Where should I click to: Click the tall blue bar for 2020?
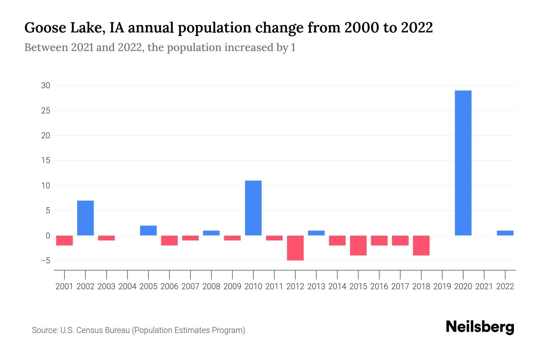(463, 163)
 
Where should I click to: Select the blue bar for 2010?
(253, 208)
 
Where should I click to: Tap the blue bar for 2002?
(85, 218)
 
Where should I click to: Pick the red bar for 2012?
(295, 248)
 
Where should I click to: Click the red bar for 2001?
(64, 241)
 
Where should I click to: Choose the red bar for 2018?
(421, 245)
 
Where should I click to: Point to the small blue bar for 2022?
(505, 233)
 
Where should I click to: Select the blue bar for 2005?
(148, 230)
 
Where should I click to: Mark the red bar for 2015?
(358, 245)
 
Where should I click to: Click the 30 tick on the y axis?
(46, 85)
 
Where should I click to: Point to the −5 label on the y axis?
(46, 260)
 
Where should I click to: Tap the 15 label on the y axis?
(46, 160)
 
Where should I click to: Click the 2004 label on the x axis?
(127, 286)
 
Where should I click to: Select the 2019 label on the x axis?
(442, 286)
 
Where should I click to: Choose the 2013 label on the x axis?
(316, 286)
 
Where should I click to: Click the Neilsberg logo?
(480, 327)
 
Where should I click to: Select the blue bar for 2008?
(211, 233)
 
